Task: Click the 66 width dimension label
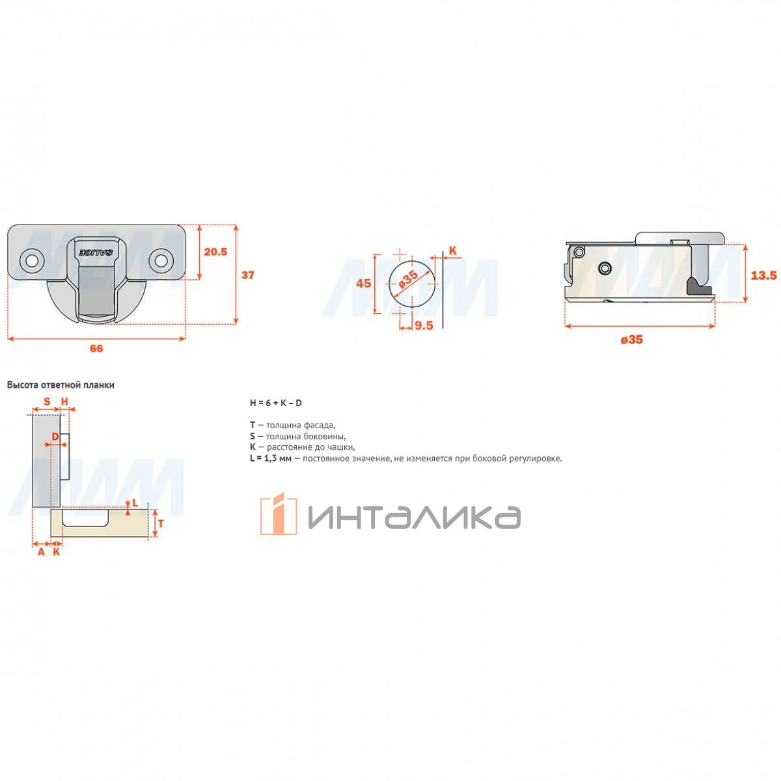[x=96, y=348]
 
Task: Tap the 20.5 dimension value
[x=215, y=252]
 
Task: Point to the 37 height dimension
[x=247, y=275]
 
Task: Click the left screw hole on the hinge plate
[x=31, y=260]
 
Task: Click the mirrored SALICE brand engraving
[x=96, y=252]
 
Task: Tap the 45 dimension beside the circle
[x=364, y=283]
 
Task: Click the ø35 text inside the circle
[x=409, y=280]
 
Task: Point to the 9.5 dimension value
[x=424, y=325]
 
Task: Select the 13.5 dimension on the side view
[x=763, y=275]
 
